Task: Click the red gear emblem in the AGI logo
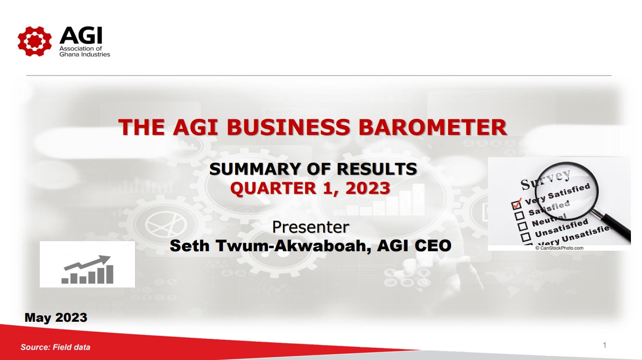35,41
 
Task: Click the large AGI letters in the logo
81,35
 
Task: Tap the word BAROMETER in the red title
433,127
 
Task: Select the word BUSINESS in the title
289,127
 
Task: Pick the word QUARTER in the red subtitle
273,188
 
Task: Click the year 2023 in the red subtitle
368,188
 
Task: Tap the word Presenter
311,227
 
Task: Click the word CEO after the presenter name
433,246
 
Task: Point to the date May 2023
56,318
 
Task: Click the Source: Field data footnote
55,347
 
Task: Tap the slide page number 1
605,345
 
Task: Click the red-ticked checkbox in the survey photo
516,204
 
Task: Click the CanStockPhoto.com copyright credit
559,248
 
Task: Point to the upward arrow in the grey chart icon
88,262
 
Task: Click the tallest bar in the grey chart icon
110,274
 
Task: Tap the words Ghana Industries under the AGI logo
85,54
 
